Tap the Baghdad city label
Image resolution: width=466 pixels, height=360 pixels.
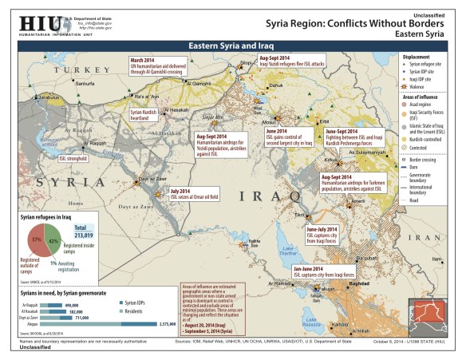(357, 283)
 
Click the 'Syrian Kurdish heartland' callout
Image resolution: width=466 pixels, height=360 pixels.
(144, 114)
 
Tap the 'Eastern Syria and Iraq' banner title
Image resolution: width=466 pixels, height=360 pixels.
(232, 47)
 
